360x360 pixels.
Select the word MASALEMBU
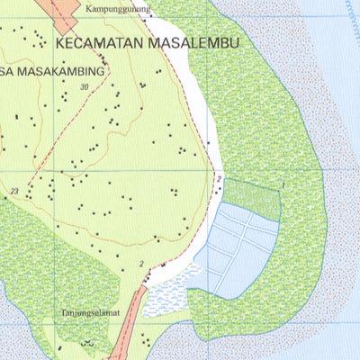click(x=198, y=41)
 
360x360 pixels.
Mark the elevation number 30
click(x=85, y=86)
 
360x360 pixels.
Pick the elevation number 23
click(x=14, y=191)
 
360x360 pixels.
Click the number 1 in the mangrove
click(x=283, y=184)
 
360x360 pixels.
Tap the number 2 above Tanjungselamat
click(x=141, y=263)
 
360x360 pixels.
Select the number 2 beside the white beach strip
click(x=219, y=180)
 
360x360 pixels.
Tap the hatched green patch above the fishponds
click(x=251, y=197)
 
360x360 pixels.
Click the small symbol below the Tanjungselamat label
click(x=87, y=342)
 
